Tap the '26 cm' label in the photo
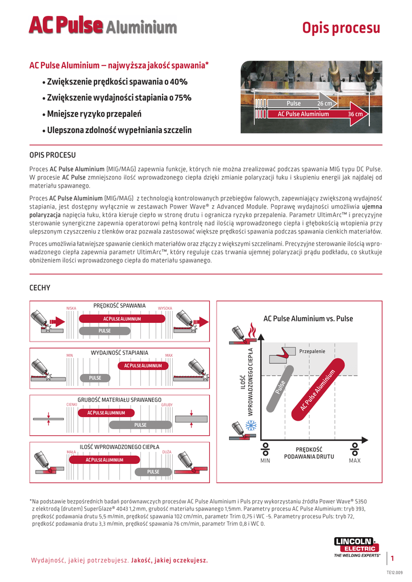324,104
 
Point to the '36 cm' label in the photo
355,114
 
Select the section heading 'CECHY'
40,288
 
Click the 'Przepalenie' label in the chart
312,352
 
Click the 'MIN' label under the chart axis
265,460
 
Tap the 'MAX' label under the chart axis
355,460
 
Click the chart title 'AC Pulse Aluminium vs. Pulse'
308,319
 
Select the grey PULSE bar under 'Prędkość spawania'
105,331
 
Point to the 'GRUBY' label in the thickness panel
167,405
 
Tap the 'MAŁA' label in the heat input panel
72,451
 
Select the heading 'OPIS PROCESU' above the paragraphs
52,155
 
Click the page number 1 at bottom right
392,559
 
